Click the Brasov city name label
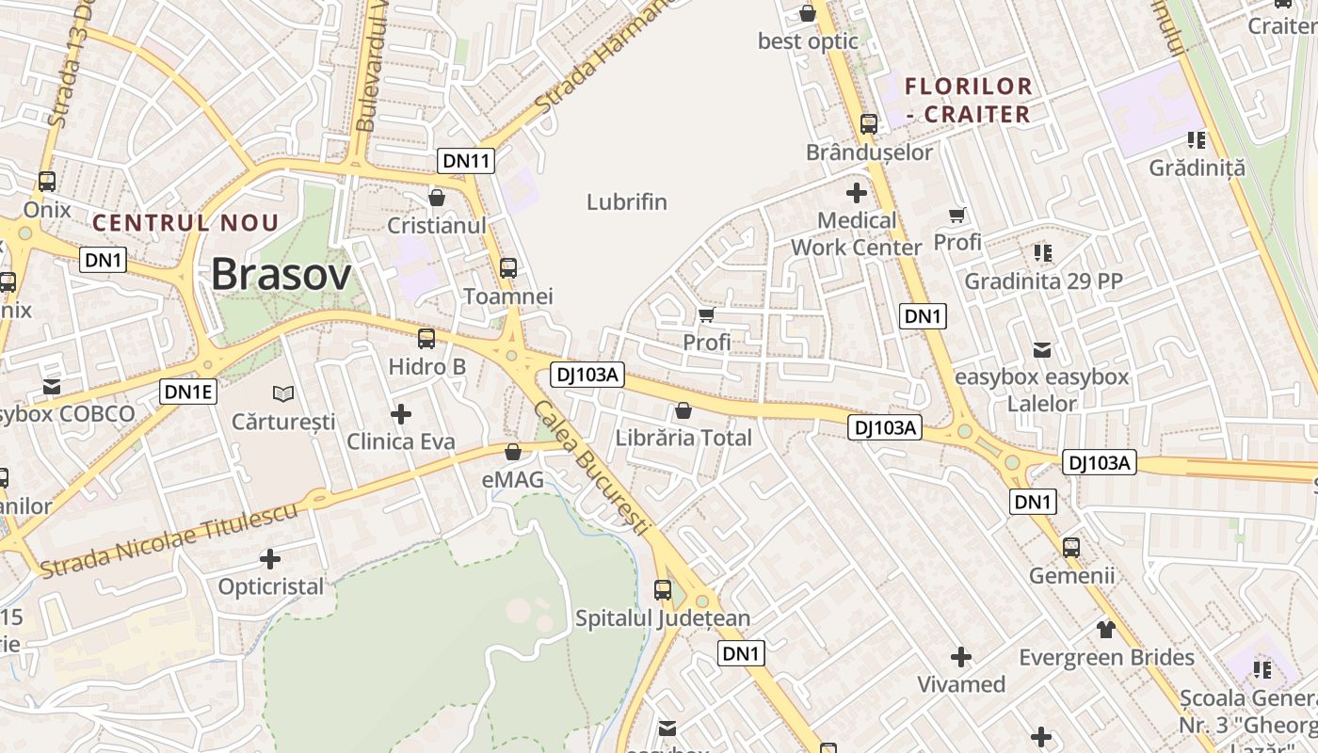point(281,274)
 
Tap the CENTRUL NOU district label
point(185,223)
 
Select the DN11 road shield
point(466,161)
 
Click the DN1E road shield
point(188,392)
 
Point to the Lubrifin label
point(627,201)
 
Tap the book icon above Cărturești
point(283,393)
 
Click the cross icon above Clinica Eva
point(401,413)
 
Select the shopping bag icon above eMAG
point(513,453)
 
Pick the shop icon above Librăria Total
point(683,410)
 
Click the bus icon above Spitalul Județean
point(663,590)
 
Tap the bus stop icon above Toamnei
point(508,268)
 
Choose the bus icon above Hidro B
point(426,339)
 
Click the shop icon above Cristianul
point(437,198)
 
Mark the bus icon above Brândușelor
point(869,124)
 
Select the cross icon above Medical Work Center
point(857,193)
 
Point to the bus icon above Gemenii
point(1071,547)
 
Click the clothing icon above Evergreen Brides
point(1106,629)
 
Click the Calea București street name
point(591,468)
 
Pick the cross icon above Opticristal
point(270,559)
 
